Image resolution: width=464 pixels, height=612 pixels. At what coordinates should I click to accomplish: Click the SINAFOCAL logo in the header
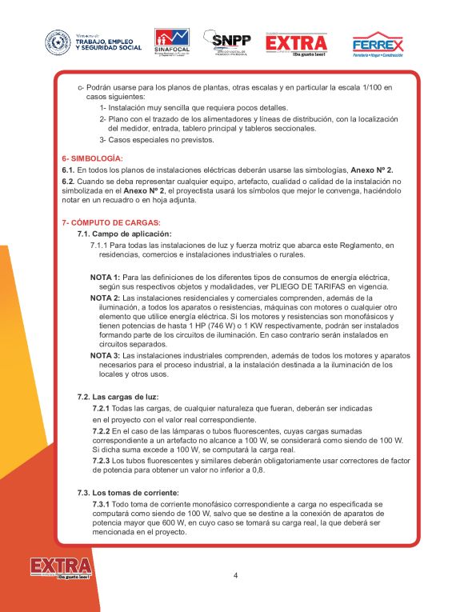coord(172,41)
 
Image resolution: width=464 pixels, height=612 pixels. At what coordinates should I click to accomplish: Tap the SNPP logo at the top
coord(227,42)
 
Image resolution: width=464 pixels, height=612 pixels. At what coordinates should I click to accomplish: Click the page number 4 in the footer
coord(236,575)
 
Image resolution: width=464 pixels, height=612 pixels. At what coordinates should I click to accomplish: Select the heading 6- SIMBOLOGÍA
coord(92,158)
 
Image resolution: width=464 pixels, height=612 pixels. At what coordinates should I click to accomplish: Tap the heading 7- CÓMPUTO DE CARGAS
coord(111,222)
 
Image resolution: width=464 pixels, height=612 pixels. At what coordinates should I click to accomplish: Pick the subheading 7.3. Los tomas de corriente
coord(128,492)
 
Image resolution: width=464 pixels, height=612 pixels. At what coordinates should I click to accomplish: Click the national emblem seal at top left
coord(58,42)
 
